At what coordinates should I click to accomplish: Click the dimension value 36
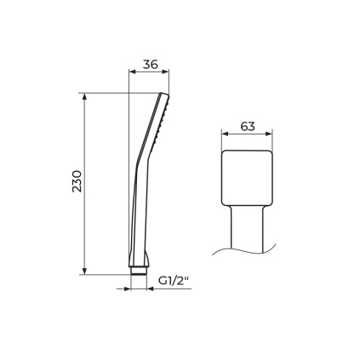point(150,65)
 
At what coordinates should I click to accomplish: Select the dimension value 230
point(77,181)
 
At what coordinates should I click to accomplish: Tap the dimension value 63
point(248,127)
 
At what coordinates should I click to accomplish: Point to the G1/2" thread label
point(174,281)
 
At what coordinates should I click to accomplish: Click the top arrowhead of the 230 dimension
point(84,96)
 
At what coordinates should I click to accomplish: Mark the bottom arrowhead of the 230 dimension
point(84,271)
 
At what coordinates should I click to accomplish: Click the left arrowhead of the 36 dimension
point(133,71)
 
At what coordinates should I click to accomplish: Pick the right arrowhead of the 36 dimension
point(165,71)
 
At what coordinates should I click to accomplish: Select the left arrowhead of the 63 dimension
point(226,134)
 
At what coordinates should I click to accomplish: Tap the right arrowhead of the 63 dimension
point(269,134)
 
